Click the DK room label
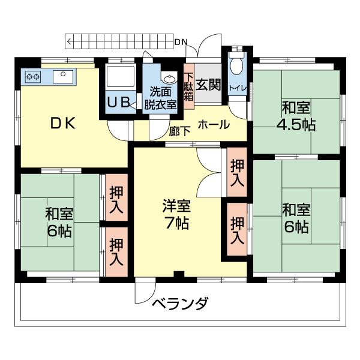[62, 124]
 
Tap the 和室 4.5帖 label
[296, 117]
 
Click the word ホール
[213, 125]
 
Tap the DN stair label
[181, 41]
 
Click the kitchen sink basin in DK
[62, 76]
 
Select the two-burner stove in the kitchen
[32, 77]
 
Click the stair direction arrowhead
[70, 41]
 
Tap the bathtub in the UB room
[119, 79]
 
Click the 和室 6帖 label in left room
[59, 222]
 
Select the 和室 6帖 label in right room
[296, 218]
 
